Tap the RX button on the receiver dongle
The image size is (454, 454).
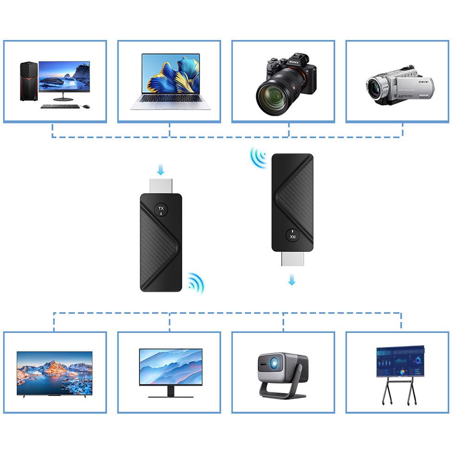pos(293,236)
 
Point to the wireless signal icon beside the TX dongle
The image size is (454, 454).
pos(196,283)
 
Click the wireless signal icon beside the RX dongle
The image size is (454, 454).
pos(258,158)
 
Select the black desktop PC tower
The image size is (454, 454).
pos(28,81)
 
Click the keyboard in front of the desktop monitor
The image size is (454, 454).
pos(60,106)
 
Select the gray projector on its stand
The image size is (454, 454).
pos(282,374)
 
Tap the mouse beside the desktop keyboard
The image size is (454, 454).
pos(86,107)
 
